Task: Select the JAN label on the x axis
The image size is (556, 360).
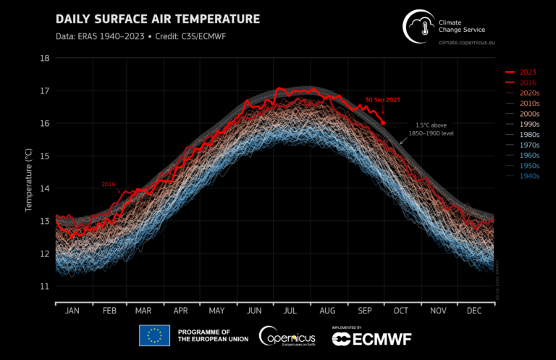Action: pos(72,310)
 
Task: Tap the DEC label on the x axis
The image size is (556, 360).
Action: pos(475,310)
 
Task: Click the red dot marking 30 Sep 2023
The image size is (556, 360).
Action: pos(383,123)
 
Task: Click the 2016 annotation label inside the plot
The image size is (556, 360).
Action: pos(109,185)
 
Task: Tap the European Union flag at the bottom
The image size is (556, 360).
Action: pos(153,335)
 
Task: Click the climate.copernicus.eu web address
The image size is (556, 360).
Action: pos(471,43)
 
